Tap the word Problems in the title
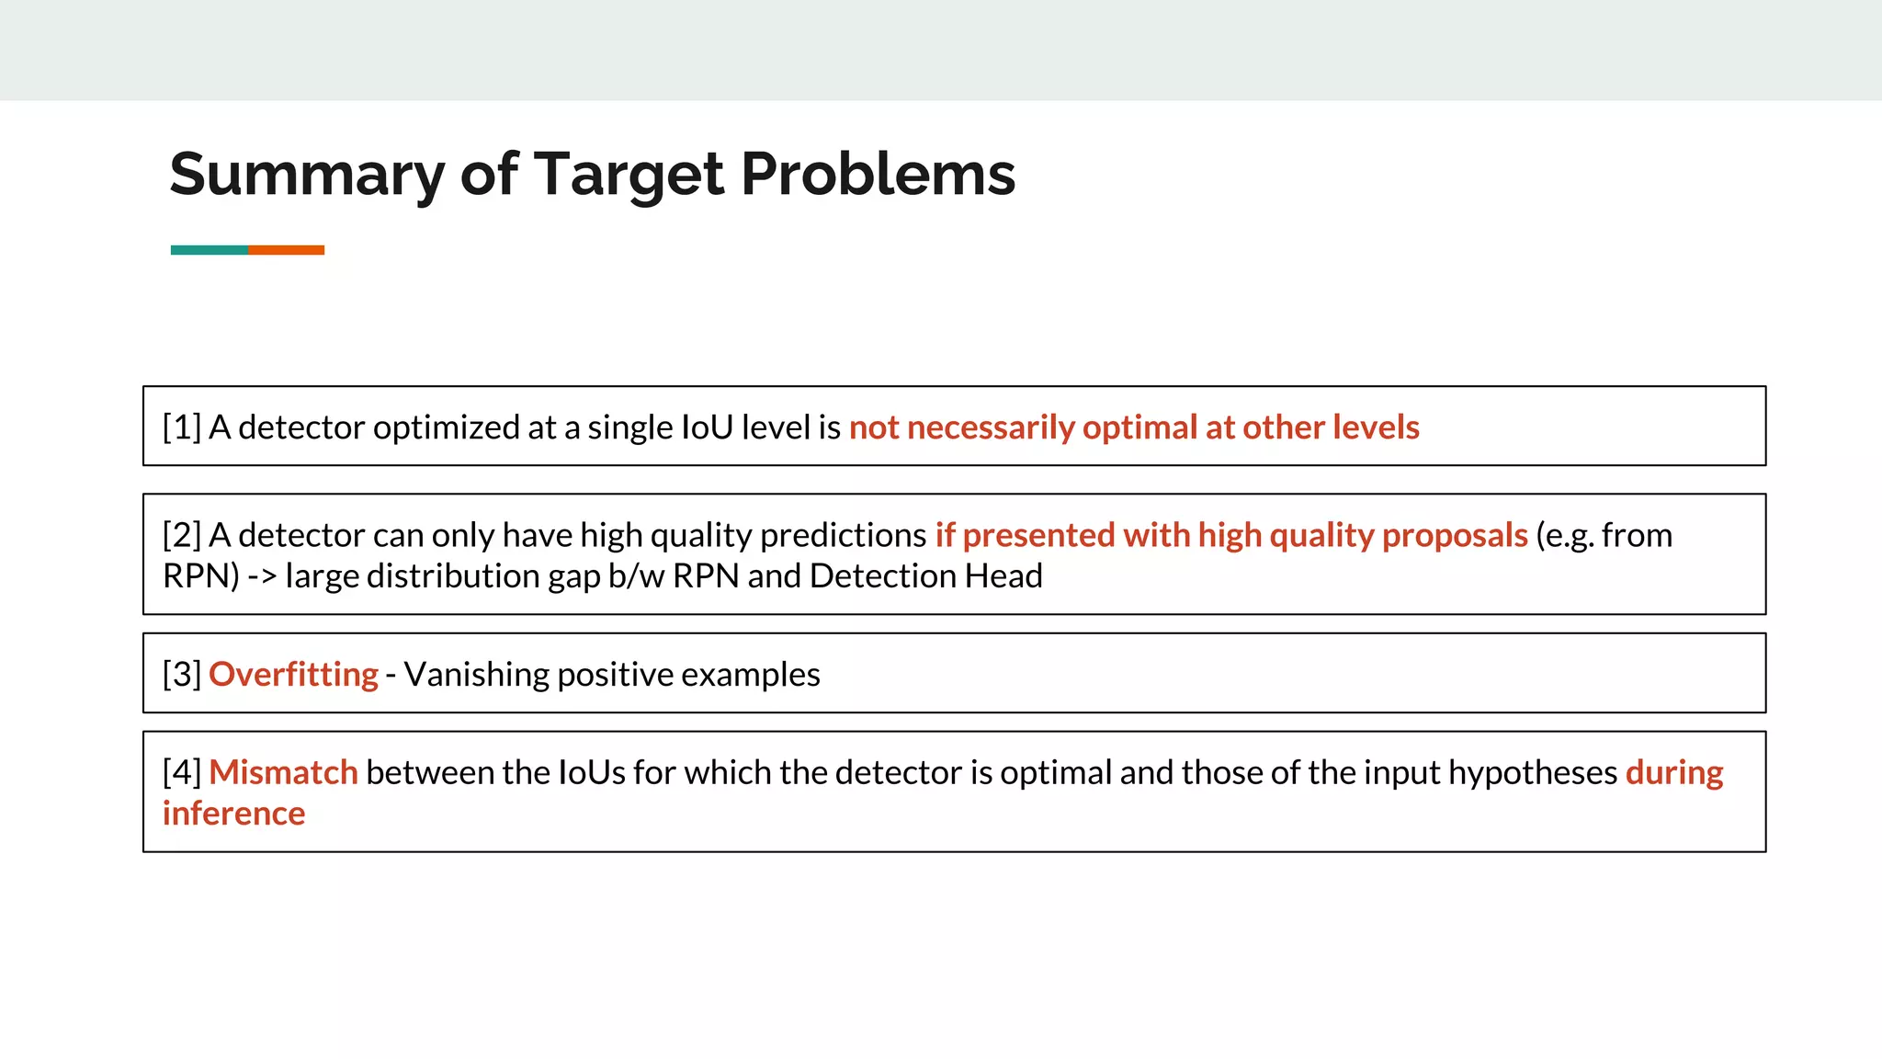click(878, 175)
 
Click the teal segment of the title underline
click(209, 250)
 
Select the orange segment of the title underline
click(286, 250)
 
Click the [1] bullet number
click(181, 427)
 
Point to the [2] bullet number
click(181, 535)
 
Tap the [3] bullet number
click(181, 675)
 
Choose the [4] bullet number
click(181, 773)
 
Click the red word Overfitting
click(293, 675)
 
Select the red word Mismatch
click(283, 773)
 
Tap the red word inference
click(233, 814)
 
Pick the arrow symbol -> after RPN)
click(262, 576)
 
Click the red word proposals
click(1454, 535)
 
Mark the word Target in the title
click(629, 175)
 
